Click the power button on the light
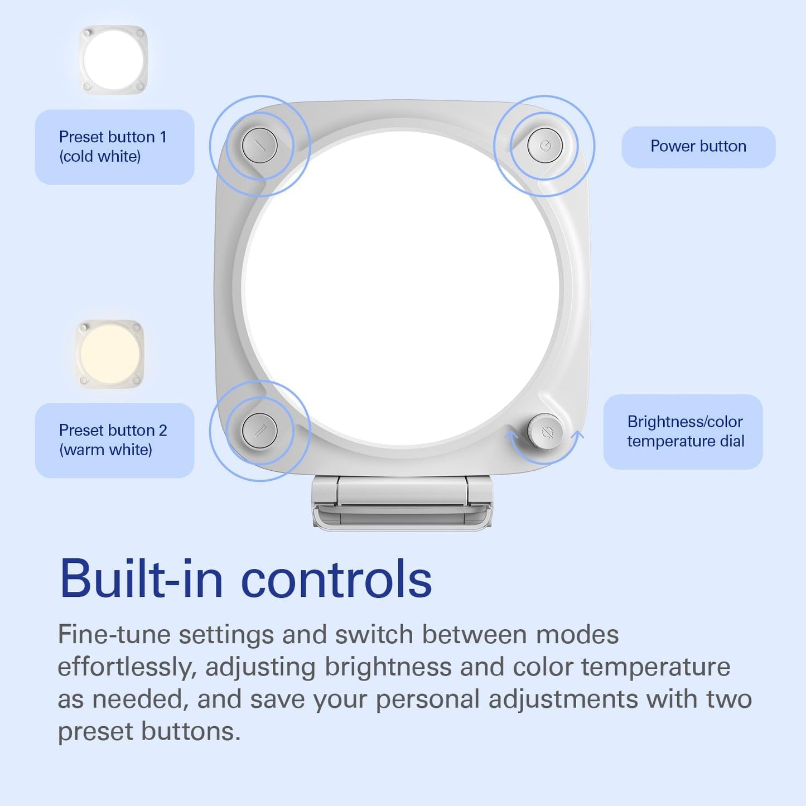(544, 146)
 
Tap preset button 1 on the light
(260, 146)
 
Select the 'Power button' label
(698, 146)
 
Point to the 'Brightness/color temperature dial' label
(683, 432)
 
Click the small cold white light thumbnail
(113, 60)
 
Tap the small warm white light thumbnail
(110, 354)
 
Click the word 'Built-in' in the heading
(141, 580)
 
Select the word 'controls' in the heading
(337, 580)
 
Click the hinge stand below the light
(402, 503)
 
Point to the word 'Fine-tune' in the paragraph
(114, 635)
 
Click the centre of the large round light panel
(402, 288)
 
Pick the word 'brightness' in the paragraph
(388, 668)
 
